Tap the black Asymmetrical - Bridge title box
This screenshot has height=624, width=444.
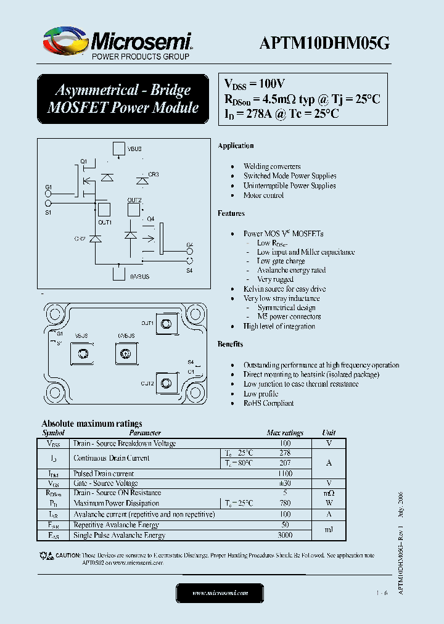123,99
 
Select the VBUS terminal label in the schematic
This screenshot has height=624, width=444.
134,149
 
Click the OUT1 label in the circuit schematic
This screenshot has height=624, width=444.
104,222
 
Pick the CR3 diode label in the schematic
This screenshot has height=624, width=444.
153,174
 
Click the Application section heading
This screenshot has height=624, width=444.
236,146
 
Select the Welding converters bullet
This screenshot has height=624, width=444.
272,166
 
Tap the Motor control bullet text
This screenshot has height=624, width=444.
263,195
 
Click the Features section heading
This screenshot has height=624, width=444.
231,213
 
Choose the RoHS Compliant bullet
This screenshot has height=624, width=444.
268,403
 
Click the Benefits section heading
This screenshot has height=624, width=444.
230,344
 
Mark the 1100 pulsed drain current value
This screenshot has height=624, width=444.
284,474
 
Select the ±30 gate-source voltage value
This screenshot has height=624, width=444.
284,483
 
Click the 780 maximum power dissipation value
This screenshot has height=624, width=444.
284,503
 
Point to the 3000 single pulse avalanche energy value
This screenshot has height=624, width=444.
284,535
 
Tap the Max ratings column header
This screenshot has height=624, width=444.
284,433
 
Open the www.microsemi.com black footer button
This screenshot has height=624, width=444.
220,593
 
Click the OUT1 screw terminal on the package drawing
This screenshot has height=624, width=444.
165,324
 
